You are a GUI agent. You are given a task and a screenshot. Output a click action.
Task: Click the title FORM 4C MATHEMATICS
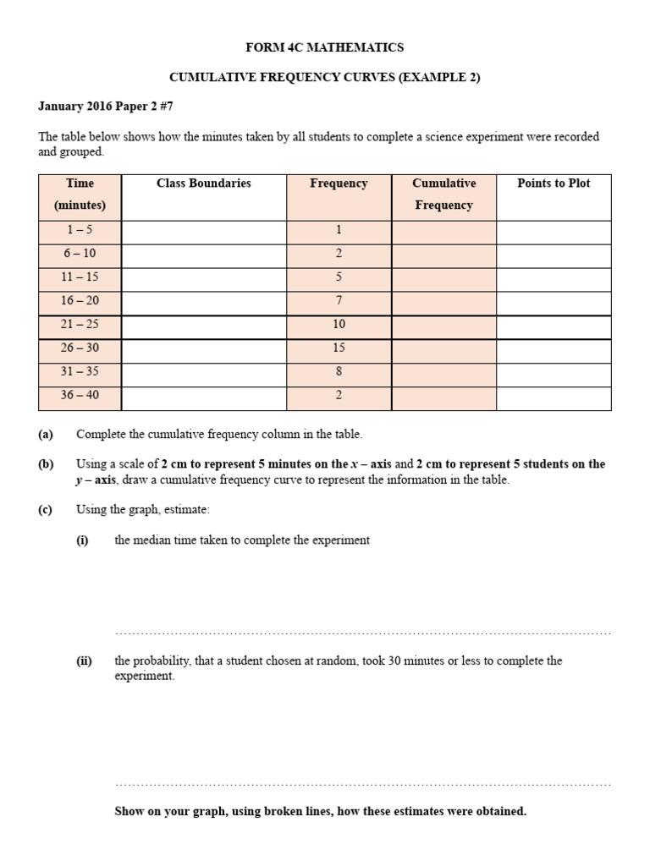point(325,47)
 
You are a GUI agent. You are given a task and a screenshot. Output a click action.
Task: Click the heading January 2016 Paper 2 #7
point(106,107)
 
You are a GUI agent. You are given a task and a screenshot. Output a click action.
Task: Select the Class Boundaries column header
point(204,184)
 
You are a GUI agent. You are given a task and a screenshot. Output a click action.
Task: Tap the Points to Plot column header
point(554,184)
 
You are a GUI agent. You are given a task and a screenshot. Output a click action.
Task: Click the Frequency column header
point(339,184)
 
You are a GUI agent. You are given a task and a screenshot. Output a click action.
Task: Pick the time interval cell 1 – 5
point(80,230)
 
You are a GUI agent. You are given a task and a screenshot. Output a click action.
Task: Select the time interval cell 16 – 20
point(80,301)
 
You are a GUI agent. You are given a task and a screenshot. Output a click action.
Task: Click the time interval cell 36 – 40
point(80,396)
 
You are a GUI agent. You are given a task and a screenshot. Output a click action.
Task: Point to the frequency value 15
point(339,348)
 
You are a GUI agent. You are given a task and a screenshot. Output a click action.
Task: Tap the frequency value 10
point(339,325)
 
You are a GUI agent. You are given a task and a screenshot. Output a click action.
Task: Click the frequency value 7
point(339,301)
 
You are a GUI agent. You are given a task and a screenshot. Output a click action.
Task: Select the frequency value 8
point(339,372)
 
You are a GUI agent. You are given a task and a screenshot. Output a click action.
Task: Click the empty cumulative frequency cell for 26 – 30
point(443,348)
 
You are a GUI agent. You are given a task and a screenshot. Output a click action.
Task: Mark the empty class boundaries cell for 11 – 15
point(204,277)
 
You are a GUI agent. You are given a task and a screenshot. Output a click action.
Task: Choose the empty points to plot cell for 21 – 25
point(554,325)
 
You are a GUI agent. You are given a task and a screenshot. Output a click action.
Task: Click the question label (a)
point(46,435)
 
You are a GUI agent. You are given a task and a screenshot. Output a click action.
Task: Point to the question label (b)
point(46,464)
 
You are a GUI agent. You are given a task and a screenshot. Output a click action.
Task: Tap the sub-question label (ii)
point(84,661)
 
